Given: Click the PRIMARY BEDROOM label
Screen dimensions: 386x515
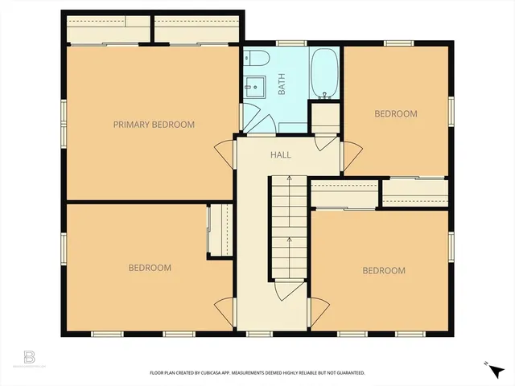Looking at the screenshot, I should coord(154,125).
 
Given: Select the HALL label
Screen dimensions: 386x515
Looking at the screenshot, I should coord(280,155).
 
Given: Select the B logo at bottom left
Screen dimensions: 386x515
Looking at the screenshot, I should coord(31,356).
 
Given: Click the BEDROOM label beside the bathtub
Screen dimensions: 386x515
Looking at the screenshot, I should coord(396,114).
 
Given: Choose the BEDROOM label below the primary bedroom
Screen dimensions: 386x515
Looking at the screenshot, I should coord(150,268).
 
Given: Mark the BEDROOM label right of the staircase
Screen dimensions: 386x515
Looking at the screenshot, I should coord(383,271).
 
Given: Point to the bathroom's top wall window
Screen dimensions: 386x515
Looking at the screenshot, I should coord(287,43).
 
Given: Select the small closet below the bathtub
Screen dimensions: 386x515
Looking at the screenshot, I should coord(326,117).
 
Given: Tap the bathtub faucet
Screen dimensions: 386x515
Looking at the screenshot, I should coord(326,95).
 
